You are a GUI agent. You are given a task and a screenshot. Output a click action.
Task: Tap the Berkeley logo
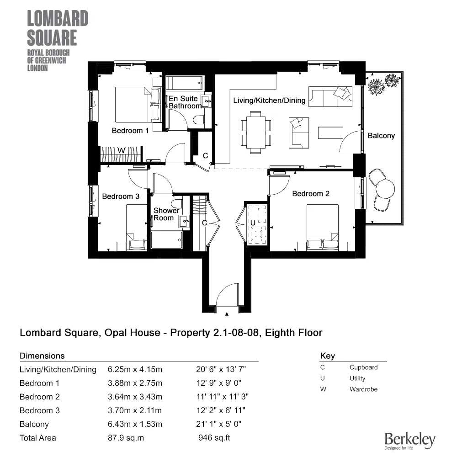409,440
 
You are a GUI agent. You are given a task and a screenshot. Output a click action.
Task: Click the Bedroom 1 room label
130,131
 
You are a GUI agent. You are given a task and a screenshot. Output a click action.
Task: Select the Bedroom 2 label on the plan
311,194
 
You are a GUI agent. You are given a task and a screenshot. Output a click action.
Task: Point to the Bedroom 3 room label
121,197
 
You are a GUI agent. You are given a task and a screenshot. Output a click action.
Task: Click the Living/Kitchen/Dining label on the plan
269,101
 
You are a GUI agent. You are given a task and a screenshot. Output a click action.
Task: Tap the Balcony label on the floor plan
381,136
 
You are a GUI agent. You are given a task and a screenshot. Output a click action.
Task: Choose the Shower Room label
166,214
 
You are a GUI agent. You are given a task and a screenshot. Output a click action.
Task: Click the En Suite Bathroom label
184,102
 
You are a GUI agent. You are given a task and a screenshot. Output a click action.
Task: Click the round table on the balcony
384,188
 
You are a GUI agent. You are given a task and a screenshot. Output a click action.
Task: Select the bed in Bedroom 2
322,227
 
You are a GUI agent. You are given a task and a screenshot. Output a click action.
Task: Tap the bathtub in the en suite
185,83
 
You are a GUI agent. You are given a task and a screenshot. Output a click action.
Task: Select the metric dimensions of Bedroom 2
135,397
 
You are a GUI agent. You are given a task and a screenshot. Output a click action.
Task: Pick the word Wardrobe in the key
364,389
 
